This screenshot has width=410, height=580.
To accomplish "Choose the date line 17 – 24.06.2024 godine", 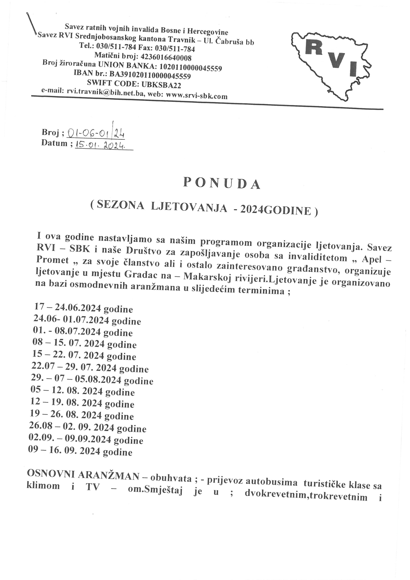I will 83,308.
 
